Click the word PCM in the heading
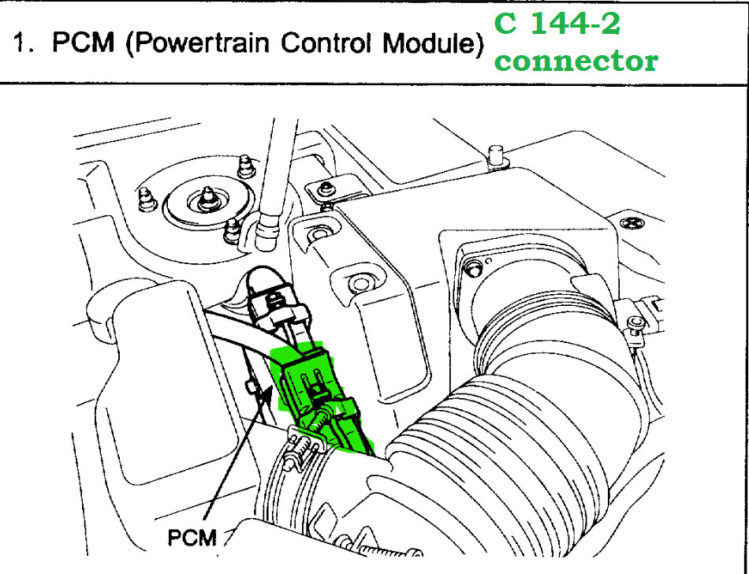click(84, 43)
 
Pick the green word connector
click(576, 61)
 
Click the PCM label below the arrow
click(192, 538)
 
